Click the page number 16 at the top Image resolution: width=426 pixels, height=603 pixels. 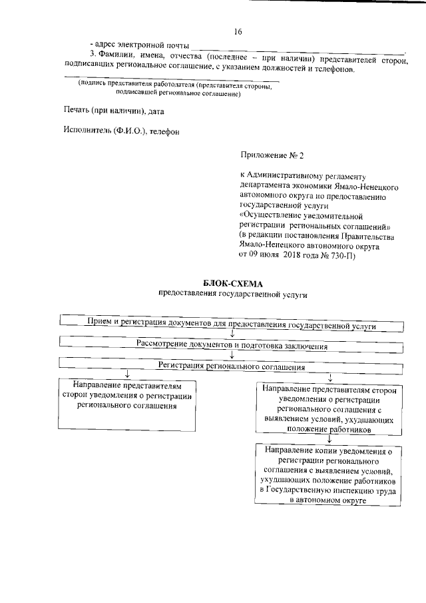[x=238, y=32]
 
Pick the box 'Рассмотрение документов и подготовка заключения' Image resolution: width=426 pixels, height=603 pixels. [x=232, y=345]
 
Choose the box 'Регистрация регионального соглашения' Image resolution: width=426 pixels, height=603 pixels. [x=232, y=366]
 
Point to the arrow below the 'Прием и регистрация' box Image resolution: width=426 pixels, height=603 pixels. [x=232, y=334]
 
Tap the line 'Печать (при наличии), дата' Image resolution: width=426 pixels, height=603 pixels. [x=113, y=110]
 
